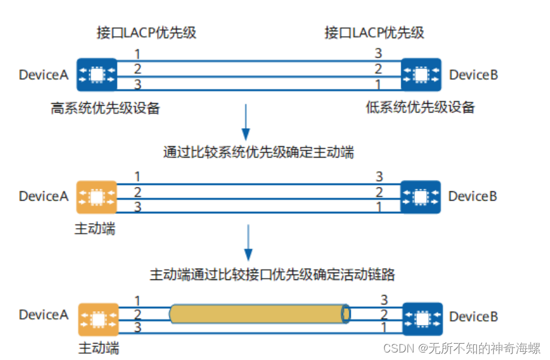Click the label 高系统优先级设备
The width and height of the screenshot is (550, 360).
pyautogui.click(x=106, y=108)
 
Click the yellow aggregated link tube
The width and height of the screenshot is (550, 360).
pyautogui.click(x=256, y=314)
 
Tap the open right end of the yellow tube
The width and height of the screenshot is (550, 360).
pyautogui.click(x=346, y=314)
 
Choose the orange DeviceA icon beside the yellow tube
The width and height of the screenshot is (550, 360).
pyautogui.click(x=98, y=319)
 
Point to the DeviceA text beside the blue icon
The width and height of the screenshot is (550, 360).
pyautogui.click(x=44, y=75)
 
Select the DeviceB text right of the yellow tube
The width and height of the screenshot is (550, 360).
pyautogui.click(x=473, y=317)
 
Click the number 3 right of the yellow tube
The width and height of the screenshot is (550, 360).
pyautogui.click(x=384, y=301)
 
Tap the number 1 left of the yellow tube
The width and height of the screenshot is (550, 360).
pyautogui.click(x=137, y=301)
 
